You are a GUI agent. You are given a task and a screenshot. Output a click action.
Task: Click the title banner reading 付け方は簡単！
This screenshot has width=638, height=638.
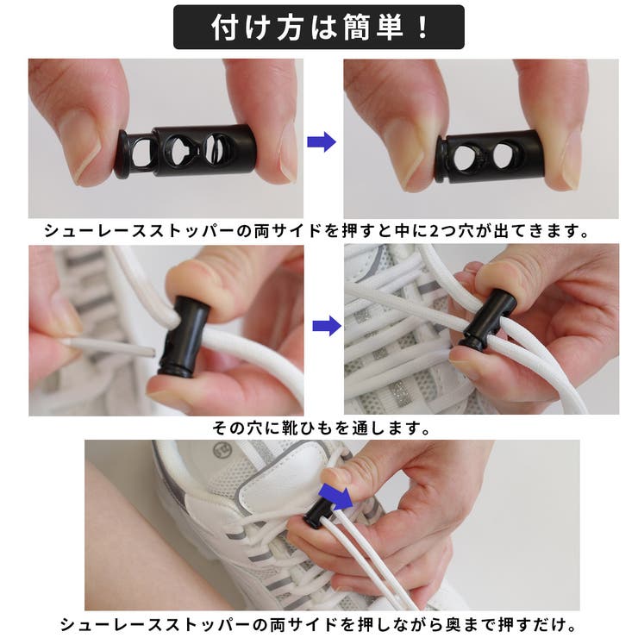tap(319, 28)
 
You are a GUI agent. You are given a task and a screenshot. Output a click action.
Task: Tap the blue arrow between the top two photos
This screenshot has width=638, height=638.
tap(322, 142)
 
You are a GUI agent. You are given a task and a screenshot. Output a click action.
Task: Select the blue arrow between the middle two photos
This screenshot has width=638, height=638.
tap(327, 326)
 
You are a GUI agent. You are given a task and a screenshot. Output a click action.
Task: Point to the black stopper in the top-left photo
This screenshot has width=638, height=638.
tap(185, 151)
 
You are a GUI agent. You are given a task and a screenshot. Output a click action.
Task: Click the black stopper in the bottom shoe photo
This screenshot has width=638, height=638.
tap(318, 514)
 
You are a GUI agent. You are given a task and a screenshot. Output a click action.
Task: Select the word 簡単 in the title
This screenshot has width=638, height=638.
tap(375, 28)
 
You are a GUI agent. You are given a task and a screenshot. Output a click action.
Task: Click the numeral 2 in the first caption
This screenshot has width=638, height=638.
tap(434, 231)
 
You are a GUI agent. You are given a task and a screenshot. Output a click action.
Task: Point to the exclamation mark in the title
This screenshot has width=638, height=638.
tap(423, 28)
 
